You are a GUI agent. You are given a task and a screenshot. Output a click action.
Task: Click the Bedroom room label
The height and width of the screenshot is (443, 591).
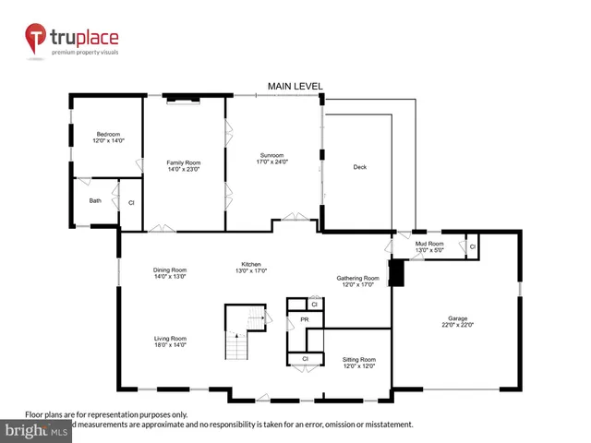(x=106, y=138)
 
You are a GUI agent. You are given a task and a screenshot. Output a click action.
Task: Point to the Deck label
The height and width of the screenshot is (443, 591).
(x=360, y=167)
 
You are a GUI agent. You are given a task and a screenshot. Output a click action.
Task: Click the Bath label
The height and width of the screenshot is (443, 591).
(x=95, y=200)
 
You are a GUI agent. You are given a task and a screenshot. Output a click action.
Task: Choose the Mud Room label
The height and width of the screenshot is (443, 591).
(x=429, y=246)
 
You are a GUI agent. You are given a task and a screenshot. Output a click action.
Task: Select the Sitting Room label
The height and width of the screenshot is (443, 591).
(x=360, y=362)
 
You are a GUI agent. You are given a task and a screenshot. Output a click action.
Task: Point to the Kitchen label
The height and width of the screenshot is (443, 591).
(x=252, y=267)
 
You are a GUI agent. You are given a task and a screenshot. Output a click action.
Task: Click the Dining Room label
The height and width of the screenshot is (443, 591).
(x=170, y=272)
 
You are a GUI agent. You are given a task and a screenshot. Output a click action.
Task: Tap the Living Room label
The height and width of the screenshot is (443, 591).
(x=170, y=341)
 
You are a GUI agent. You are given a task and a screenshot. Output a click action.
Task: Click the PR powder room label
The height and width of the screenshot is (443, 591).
(x=303, y=320)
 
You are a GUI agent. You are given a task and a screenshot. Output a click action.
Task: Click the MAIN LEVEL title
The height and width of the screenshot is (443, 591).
(x=295, y=86)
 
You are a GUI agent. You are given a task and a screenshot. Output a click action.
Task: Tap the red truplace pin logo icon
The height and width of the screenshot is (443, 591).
(x=36, y=39)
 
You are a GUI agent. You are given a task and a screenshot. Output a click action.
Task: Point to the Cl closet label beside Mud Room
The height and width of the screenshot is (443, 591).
(x=472, y=247)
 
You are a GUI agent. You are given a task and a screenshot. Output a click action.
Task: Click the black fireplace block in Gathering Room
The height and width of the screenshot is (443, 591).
(x=396, y=274)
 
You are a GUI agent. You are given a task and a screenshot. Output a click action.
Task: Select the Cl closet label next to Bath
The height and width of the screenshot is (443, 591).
(x=130, y=202)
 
